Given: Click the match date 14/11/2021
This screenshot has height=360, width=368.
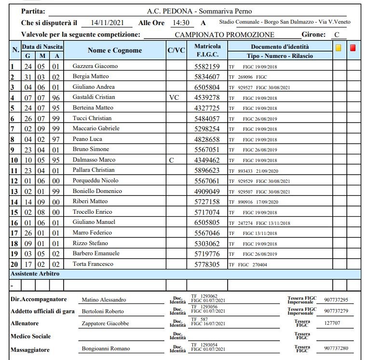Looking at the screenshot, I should (104, 23).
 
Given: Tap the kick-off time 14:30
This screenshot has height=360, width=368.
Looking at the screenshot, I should (180, 23).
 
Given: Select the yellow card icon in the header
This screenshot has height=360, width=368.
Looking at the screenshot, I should (339, 48).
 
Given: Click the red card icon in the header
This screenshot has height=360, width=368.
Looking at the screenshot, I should (353, 48).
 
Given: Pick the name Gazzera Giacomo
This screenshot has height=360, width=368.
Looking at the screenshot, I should (95, 66).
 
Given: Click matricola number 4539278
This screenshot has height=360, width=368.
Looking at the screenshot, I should (207, 97).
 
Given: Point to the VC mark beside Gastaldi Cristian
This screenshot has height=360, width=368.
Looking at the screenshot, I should (174, 97).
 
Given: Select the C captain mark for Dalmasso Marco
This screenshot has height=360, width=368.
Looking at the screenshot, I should (172, 160).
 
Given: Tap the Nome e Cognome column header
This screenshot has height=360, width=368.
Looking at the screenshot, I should (115, 51).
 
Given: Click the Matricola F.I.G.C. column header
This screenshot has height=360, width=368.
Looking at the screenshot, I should (207, 51).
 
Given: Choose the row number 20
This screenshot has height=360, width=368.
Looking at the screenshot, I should (14, 264).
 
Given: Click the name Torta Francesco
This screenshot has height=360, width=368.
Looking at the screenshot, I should (93, 264).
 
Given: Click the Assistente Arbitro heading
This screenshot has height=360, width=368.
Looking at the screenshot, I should (35, 274).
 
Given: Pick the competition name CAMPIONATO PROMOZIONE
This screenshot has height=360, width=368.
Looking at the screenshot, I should (224, 35).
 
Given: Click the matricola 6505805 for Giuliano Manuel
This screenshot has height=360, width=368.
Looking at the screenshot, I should (207, 222).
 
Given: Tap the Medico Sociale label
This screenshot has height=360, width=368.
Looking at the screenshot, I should (30, 336).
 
